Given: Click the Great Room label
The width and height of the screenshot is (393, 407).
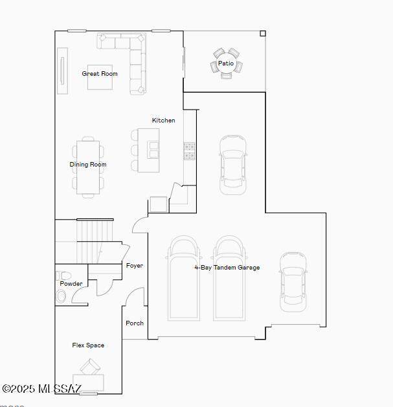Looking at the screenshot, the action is pos(100,74).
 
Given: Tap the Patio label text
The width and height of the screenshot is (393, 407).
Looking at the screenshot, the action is pos(226,63).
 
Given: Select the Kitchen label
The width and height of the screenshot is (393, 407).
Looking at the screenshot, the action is pos(163,120).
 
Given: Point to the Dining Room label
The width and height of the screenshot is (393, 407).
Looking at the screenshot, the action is pos(88,165).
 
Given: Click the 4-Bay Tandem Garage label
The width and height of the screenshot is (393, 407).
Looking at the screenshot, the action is pos(227,268).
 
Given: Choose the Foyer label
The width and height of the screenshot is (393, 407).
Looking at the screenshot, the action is pos(134,266).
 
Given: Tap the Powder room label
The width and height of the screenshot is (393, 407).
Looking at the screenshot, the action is pos(71,284).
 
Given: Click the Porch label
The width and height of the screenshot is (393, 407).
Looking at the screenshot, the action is pos(135,323).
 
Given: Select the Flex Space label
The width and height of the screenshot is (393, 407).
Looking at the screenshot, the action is pos(88,345).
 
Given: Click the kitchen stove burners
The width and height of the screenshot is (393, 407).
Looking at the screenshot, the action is pos(190,151).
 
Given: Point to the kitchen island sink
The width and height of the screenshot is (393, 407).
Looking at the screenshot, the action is pos(153,150).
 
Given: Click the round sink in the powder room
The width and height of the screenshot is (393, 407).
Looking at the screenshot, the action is pos(61,296).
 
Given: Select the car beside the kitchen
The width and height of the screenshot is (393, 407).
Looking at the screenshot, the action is pos(232,165).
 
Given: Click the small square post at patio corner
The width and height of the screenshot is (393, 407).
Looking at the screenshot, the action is pos(263,34).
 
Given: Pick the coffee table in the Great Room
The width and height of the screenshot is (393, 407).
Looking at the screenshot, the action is pos(100,77).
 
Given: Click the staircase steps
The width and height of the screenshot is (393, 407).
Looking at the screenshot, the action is pos(95,241).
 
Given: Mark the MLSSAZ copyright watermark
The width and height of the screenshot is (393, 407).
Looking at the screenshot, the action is pos(41,389).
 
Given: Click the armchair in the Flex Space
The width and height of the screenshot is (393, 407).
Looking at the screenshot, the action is pos(90,367).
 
